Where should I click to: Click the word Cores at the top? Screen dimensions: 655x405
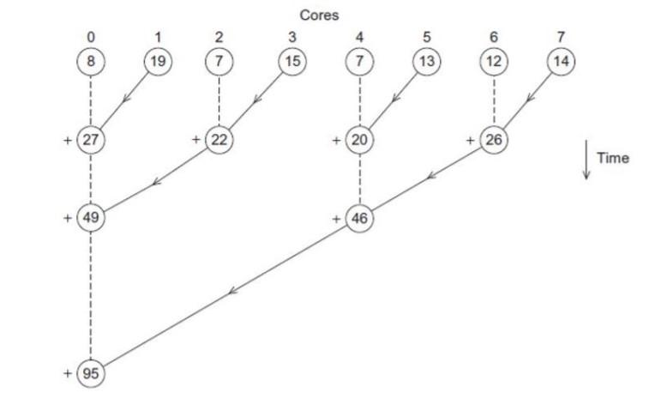tap(318, 15)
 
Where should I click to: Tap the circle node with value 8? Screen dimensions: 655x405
tap(90, 62)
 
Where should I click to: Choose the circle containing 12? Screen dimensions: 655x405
tap(494, 62)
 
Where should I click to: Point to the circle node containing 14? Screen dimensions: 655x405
tap(562, 62)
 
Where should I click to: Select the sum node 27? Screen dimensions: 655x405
tap(90, 140)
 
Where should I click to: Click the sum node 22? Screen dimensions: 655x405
tap(219, 140)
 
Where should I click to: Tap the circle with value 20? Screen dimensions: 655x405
tap(359, 140)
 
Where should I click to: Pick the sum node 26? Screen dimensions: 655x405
tap(494, 140)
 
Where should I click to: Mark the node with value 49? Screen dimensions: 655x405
tap(90, 218)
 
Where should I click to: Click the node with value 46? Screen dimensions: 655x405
tap(359, 218)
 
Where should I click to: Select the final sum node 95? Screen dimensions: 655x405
tap(90, 373)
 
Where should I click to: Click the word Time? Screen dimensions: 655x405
tap(613, 158)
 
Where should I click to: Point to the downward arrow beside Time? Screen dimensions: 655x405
tap(586, 160)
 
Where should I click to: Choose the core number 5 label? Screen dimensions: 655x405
tap(425, 38)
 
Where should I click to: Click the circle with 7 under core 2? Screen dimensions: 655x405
tap(219, 62)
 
